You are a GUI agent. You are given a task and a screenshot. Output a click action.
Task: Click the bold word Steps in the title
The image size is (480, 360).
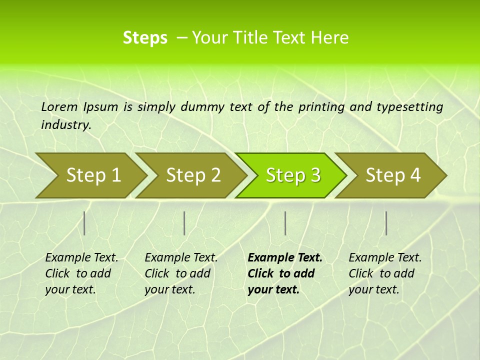pyautogui.click(x=145, y=38)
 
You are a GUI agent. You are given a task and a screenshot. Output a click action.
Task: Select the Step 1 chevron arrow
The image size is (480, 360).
pyautogui.click(x=90, y=175)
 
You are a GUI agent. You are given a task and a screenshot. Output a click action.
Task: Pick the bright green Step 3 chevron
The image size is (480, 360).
pyautogui.click(x=291, y=175)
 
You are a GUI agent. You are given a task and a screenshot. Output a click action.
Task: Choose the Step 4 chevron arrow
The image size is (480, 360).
pyautogui.click(x=391, y=175)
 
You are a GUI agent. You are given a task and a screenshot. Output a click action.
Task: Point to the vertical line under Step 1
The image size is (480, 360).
pyautogui.click(x=84, y=223)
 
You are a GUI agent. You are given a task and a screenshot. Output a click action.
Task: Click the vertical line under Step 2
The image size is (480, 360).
pyautogui.click(x=184, y=223)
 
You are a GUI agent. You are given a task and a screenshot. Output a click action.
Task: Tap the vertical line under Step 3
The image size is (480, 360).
pyautogui.click(x=285, y=223)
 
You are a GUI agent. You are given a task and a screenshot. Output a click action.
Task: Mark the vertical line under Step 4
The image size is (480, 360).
pyautogui.click(x=386, y=223)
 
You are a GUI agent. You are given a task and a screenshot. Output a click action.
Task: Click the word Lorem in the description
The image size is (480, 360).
pyautogui.click(x=59, y=106)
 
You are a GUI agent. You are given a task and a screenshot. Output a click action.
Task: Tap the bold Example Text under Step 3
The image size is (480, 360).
pyautogui.click(x=285, y=257)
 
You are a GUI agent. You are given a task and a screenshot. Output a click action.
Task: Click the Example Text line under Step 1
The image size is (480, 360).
pyautogui.click(x=81, y=257)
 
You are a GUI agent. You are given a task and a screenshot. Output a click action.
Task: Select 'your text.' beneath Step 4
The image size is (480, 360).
pyautogui.click(x=374, y=289)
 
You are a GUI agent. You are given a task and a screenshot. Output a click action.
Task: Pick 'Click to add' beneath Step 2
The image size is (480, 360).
pyautogui.click(x=177, y=273)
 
